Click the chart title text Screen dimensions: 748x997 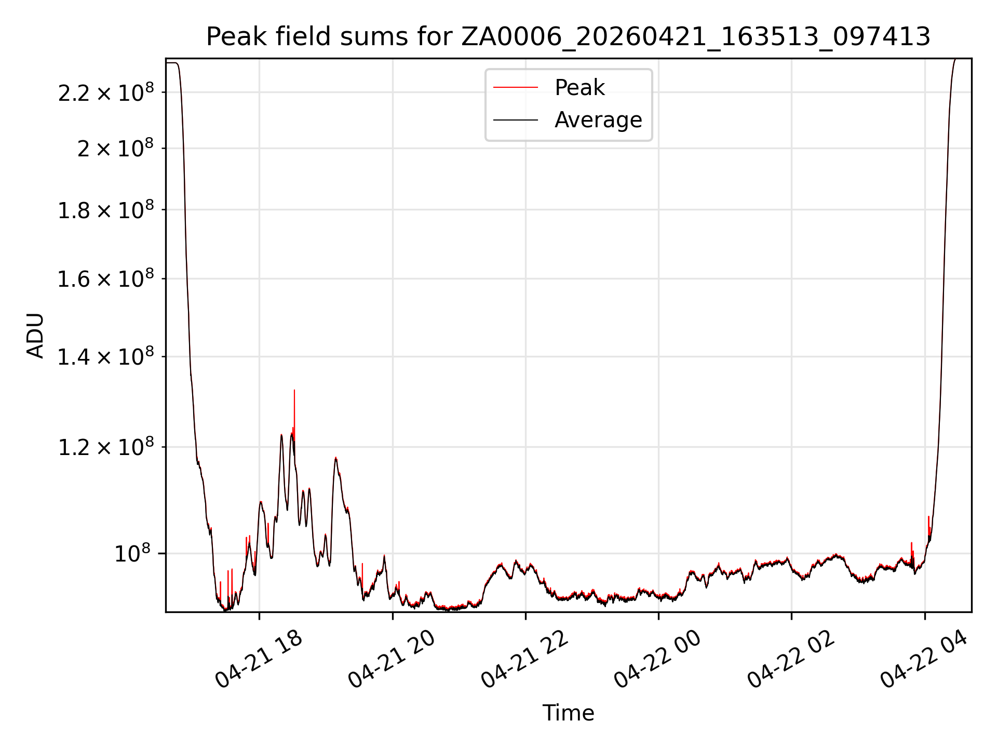(x=568, y=37)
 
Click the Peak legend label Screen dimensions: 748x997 (x=580, y=88)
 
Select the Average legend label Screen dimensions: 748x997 (x=598, y=120)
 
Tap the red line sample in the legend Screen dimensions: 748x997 (x=515, y=88)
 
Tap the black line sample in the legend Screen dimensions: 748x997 (x=515, y=120)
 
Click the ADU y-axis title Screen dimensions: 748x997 (x=35, y=336)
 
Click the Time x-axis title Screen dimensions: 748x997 (x=568, y=713)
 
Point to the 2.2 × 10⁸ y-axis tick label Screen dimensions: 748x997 (x=106, y=93)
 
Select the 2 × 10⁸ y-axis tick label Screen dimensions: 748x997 (x=115, y=149)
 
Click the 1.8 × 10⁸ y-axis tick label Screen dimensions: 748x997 (x=106, y=210)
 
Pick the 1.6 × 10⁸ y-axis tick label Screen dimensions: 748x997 (x=106, y=279)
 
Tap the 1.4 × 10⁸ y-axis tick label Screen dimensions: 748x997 (x=106, y=357)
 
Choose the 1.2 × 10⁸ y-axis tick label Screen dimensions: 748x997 (x=106, y=448)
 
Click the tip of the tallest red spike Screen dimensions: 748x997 (x=294, y=390)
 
